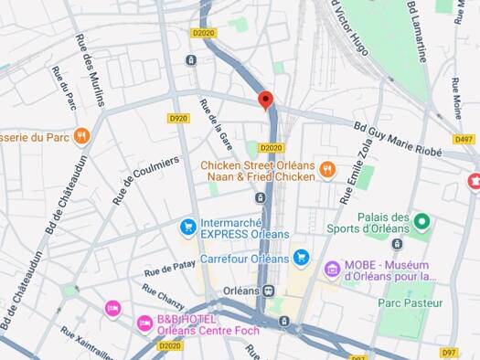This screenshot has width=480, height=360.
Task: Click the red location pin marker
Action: (x=265, y=100)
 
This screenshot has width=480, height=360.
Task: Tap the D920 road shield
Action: (x=177, y=118)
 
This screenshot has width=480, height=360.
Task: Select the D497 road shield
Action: (x=464, y=140)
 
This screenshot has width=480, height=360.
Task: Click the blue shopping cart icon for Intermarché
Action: (x=187, y=225)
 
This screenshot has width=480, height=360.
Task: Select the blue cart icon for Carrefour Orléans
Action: (x=301, y=259)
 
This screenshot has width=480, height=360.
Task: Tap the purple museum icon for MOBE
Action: (x=332, y=268)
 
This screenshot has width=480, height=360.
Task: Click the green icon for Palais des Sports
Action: (x=421, y=221)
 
